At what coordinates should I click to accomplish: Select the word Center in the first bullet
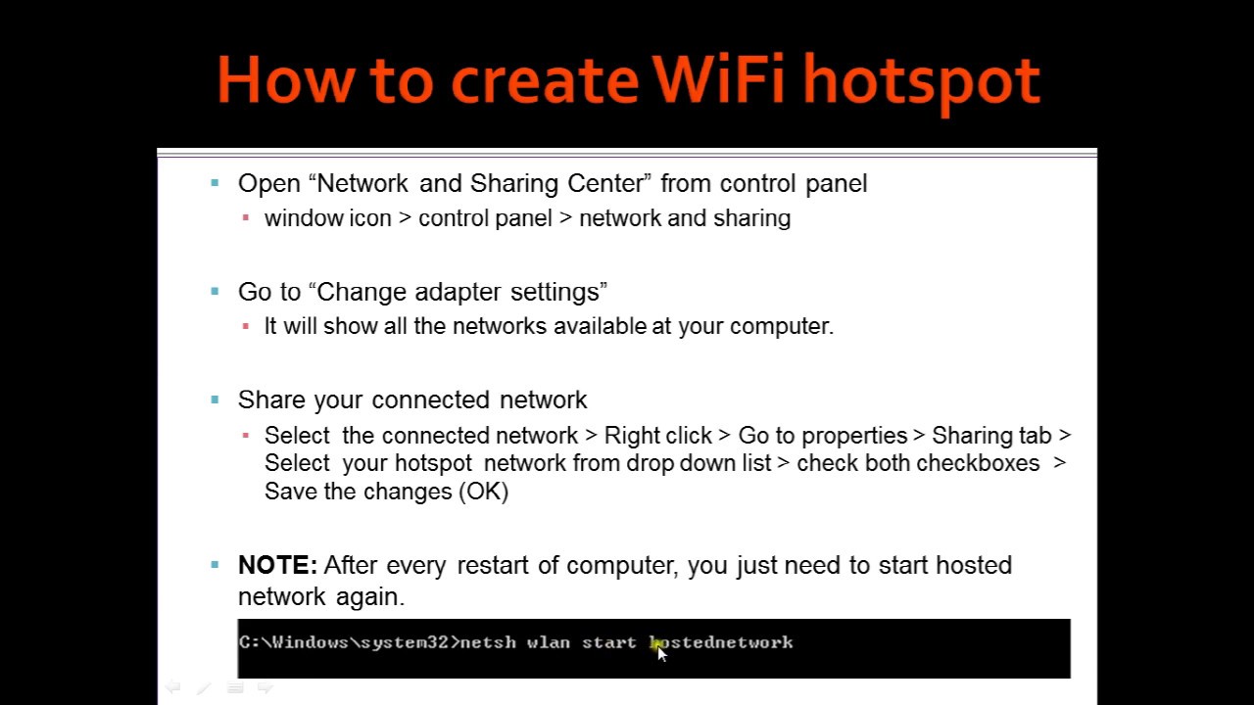pyautogui.click(x=608, y=184)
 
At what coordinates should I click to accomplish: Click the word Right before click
pyautogui.click(x=629, y=436)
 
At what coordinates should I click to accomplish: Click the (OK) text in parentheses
pyautogui.click(x=483, y=492)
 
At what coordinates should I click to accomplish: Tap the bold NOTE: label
pyautogui.click(x=277, y=566)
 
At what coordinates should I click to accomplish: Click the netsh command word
pyautogui.click(x=487, y=642)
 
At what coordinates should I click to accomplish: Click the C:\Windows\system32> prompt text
pyautogui.click(x=348, y=642)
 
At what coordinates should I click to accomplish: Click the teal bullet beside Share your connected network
pyautogui.click(x=215, y=399)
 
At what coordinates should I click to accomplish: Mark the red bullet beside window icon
pyautogui.click(x=246, y=218)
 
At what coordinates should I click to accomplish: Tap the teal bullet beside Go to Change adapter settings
pyautogui.click(x=215, y=292)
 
